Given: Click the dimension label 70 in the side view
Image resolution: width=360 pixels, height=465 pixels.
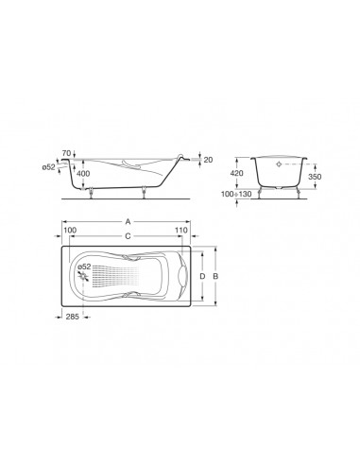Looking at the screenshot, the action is pyautogui.click(x=66, y=153).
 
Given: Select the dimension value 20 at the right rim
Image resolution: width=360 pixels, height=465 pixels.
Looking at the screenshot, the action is pyautogui.click(x=208, y=160).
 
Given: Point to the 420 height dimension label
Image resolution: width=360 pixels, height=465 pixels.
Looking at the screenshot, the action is pyautogui.click(x=237, y=173).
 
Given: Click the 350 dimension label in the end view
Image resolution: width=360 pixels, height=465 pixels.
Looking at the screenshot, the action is pyautogui.click(x=315, y=177).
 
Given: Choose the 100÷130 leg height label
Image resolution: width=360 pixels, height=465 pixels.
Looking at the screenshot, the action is pyautogui.click(x=236, y=194).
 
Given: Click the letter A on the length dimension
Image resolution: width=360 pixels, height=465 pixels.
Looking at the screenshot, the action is pyautogui.click(x=128, y=222).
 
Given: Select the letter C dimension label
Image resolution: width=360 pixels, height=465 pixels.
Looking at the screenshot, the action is pyautogui.click(x=128, y=236).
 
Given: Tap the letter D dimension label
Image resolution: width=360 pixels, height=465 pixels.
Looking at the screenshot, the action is pyautogui.click(x=203, y=276).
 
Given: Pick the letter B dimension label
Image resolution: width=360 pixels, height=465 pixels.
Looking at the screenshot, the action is pyautogui.click(x=215, y=276).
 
